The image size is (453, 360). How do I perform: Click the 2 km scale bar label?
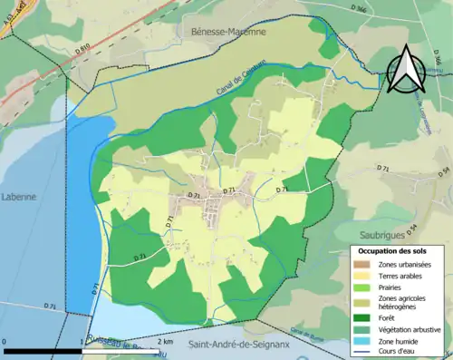pyautogui.click(x=165, y=342)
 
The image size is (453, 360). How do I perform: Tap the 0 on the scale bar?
pyautogui.click(x=5, y=342)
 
